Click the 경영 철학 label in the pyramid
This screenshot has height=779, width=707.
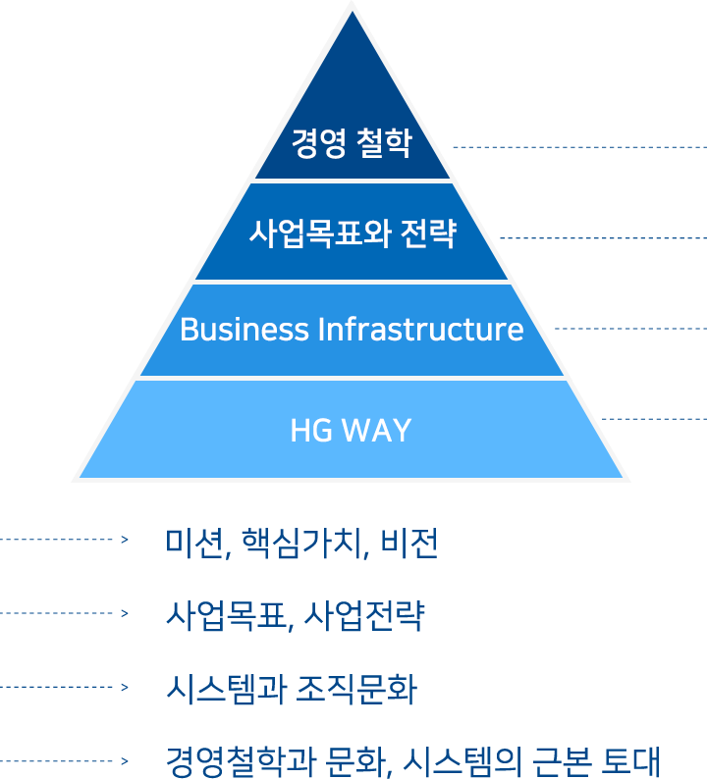352,143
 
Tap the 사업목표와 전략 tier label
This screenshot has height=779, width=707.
353,233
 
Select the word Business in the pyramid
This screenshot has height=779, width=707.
245,329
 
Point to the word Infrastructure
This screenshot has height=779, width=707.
420,329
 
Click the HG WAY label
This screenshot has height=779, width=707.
351,431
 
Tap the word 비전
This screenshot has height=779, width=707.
409,543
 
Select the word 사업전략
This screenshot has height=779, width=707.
364,616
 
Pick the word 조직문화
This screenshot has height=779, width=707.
356,690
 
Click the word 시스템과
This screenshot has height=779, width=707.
226,690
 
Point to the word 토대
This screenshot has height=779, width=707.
630,761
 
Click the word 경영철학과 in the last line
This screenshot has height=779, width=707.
241,761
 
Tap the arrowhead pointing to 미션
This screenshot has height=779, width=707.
125,540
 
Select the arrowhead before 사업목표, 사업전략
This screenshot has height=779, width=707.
125,613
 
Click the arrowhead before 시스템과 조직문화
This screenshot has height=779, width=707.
125,688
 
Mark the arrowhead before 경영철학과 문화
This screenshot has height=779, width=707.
125,761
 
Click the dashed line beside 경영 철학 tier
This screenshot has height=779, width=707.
580,147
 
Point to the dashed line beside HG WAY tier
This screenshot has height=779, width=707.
654,419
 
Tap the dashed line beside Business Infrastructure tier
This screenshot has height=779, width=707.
631,329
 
